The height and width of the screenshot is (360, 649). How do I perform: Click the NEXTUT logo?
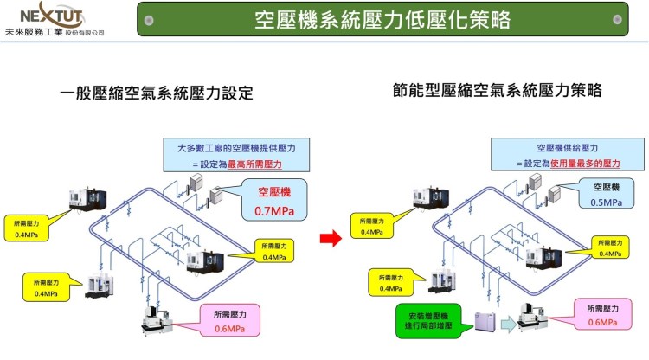(x=55, y=15)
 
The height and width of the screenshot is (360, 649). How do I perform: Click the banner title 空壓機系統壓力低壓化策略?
(x=382, y=19)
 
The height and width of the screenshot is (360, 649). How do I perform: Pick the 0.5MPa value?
(x=605, y=202)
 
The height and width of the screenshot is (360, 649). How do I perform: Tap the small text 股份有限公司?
(x=85, y=33)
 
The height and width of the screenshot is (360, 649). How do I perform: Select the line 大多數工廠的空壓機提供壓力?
(x=236, y=148)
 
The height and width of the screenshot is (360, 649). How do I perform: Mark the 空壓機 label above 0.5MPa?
(x=605, y=186)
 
